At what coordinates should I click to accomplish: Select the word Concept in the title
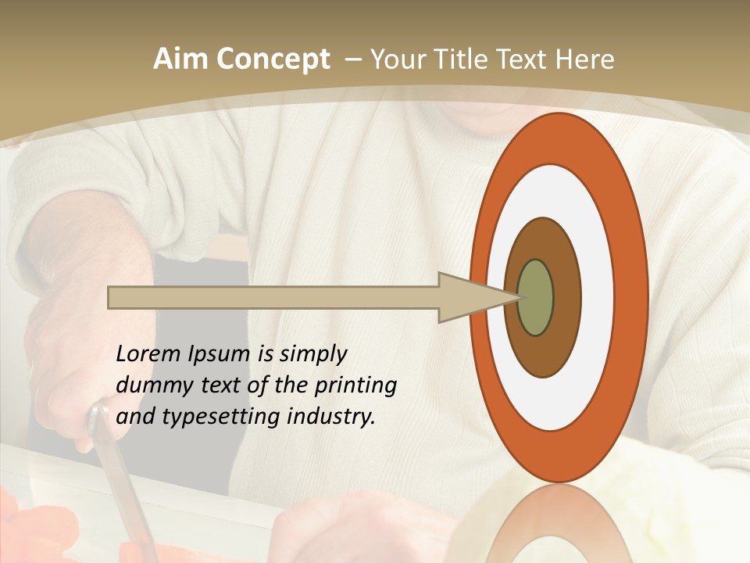tap(273, 59)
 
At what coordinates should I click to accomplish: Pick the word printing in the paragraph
tap(355, 385)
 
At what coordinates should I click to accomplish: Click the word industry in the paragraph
tap(330, 416)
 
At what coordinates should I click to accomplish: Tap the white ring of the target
tap(598, 297)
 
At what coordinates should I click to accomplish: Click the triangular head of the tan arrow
tap(469, 297)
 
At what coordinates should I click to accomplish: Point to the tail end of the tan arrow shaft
tap(114, 297)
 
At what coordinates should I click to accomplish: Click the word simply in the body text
tap(312, 354)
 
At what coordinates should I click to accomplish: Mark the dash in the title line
tap(352, 59)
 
